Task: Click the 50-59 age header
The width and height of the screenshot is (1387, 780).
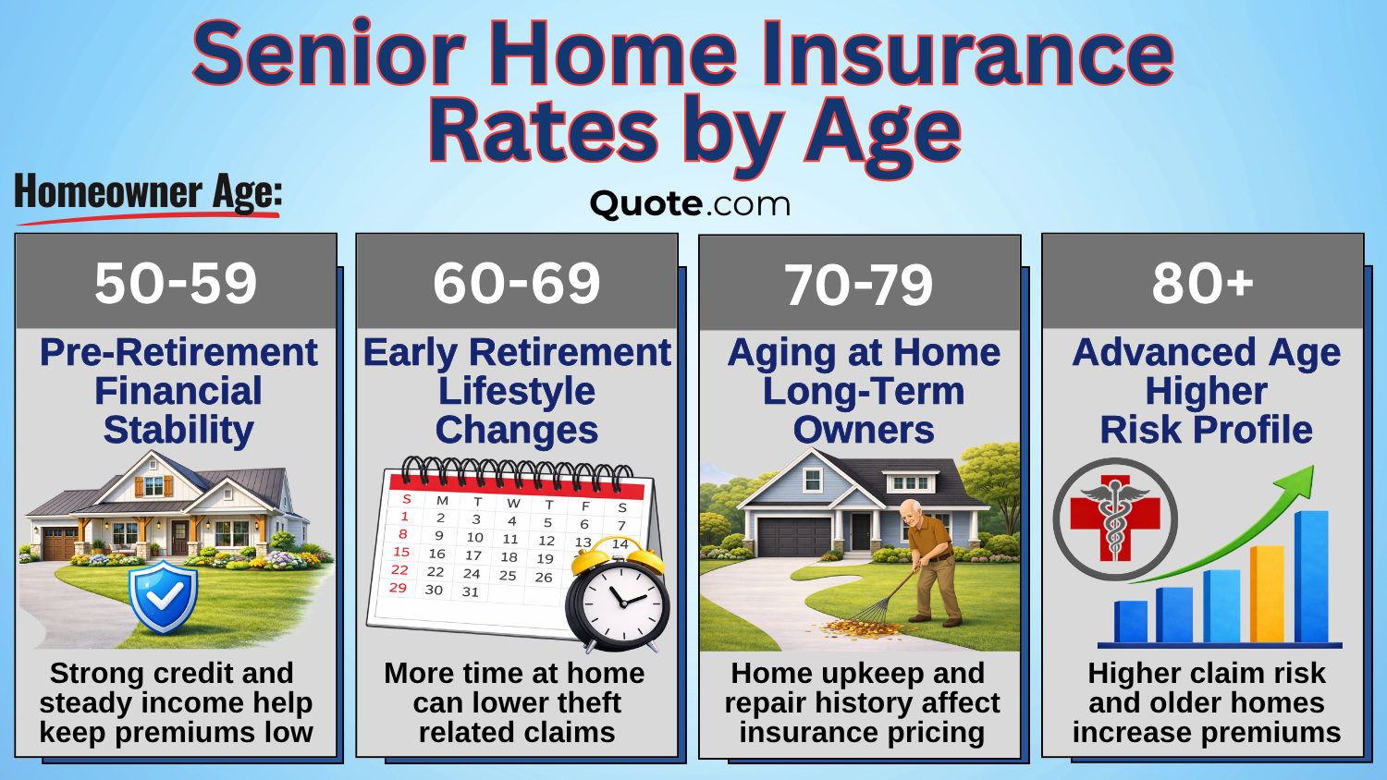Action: (176, 283)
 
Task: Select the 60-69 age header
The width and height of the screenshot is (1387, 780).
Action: (517, 283)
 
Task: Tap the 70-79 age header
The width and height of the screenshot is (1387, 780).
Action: (859, 285)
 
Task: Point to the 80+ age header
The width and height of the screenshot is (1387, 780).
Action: (1202, 283)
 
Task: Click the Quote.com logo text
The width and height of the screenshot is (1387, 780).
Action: (690, 204)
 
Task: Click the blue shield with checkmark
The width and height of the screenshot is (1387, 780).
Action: (164, 596)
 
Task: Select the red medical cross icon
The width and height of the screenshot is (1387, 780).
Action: (1114, 518)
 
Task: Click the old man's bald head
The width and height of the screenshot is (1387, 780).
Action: (912, 511)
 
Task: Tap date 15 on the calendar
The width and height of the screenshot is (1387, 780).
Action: (401, 552)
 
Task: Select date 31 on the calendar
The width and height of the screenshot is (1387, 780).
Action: (471, 591)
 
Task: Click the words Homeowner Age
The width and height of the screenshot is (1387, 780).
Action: (148, 193)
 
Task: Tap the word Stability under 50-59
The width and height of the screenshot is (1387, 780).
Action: (178, 430)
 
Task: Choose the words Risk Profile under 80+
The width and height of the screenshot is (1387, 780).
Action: (1206, 430)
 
